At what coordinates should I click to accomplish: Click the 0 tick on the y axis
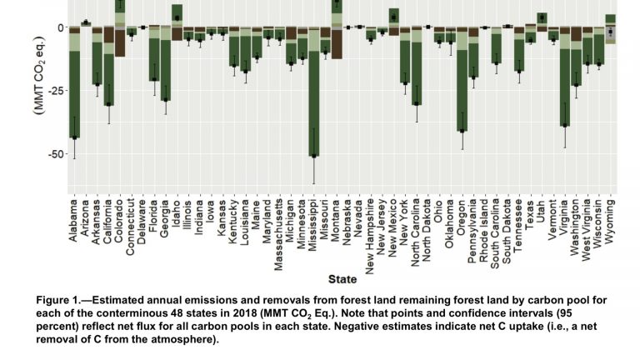tap(58, 27)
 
